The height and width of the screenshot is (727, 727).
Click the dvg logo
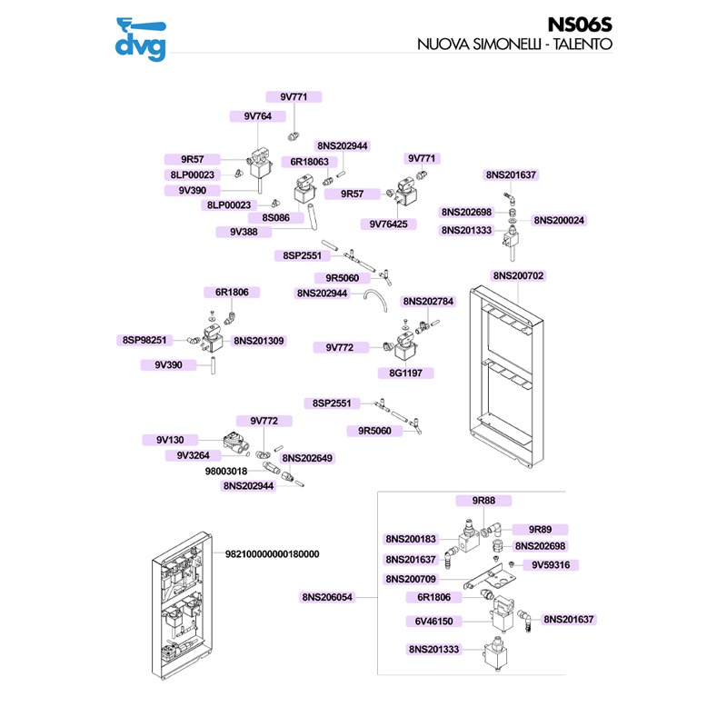click(144, 40)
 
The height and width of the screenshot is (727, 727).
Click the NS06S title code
click(579, 25)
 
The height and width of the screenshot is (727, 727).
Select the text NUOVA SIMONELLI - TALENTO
click(514, 44)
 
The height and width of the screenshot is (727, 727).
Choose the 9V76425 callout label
click(388, 224)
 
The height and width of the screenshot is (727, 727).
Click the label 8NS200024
click(559, 220)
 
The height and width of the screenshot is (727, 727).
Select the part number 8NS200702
click(519, 275)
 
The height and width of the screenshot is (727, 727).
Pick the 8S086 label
click(276, 218)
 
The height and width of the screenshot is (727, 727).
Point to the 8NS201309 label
click(259, 341)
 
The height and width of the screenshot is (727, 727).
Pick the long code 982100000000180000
click(273, 553)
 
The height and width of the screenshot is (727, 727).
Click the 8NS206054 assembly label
click(327, 597)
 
